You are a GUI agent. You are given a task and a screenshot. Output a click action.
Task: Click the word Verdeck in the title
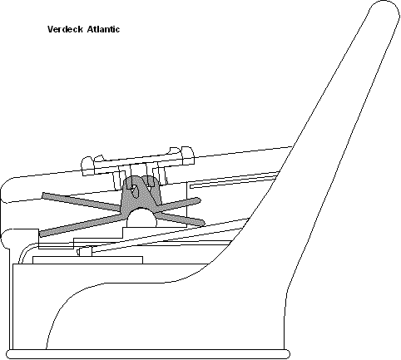pyautogui.click(x=65, y=29)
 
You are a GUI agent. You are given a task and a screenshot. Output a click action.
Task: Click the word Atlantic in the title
pyautogui.click(x=103, y=29)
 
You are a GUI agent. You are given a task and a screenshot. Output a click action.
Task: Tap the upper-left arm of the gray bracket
pyautogui.click(x=82, y=201)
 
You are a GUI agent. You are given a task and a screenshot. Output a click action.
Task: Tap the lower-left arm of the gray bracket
pyautogui.click(x=82, y=225)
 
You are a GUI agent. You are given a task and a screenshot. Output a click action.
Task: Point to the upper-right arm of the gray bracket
pyautogui.click(x=178, y=205)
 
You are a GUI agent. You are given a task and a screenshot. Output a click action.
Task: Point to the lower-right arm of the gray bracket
pyautogui.click(x=181, y=219)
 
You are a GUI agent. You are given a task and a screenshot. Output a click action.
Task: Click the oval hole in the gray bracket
pyautogui.click(x=135, y=191)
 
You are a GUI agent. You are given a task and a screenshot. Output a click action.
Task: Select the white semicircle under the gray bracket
pyautogui.click(x=141, y=218)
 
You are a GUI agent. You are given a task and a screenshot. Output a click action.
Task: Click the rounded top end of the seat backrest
pyautogui.click(x=385, y=11)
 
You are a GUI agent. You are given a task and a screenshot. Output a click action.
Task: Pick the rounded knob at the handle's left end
pyautogui.click(x=87, y=166)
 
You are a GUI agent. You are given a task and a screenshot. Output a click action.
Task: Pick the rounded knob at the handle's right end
pyautogui.click(x=187, y=155)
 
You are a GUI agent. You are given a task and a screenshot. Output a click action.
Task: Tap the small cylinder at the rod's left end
pyautogui.click(x=84, y=252)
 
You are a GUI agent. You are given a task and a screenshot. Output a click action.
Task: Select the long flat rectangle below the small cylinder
pyautogui.click(x=87, y=260)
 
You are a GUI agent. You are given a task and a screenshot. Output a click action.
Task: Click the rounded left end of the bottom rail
pyautogui.click(x=11, y=354)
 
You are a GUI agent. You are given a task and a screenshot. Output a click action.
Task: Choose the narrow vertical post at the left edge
pyautogui.click(x=11, y=299)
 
